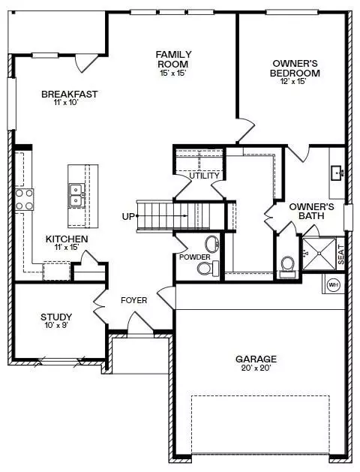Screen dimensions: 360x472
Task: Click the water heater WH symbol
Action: coord(333,284)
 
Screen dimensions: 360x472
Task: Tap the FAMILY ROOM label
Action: coord(173,59)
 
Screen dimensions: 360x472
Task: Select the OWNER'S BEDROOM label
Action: coord(295,68)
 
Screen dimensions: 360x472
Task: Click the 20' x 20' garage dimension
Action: coord(256,368)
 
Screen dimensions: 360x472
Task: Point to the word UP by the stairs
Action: coord(128,216)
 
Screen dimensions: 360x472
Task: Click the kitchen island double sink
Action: coord(76,196)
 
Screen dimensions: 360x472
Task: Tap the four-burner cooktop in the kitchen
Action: coord(24,200)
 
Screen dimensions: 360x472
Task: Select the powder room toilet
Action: coord(208,268)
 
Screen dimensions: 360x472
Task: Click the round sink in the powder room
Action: coord(212,244)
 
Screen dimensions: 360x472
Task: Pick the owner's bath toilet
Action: coord(287,266)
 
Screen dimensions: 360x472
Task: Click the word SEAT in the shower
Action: coord(341,254)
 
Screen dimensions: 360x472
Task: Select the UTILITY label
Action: coord(204,176)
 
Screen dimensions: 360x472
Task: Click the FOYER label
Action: coord(133,300)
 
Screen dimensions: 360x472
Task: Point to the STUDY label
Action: coord(56,317)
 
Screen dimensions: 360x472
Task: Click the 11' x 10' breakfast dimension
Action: coord(66,102)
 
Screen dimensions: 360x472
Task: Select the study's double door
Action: coord(100,307)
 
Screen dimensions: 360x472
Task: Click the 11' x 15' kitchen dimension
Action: coord(67,247)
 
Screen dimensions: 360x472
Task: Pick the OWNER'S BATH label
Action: coord(311,212)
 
